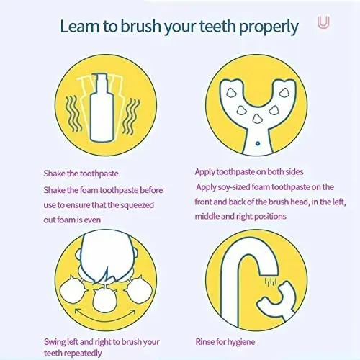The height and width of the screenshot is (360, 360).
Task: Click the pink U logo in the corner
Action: point(324,23)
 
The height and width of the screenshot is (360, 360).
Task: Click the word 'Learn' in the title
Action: point(80,27)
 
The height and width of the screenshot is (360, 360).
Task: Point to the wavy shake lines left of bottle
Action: point(73,112)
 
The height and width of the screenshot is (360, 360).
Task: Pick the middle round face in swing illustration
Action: point(105,291)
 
